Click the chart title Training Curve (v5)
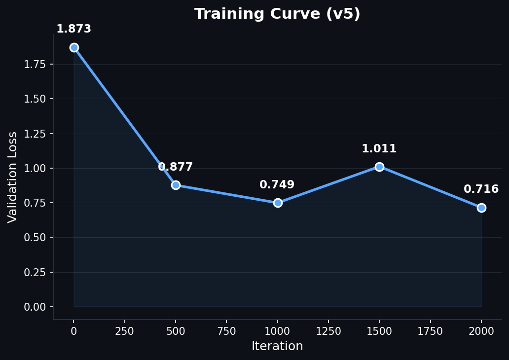click(277, 14)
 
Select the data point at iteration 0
click(74, 48)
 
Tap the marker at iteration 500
click(176, 185)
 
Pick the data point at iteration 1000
click(278, 203)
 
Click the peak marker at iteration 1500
click(379, 167)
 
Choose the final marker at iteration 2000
click(481, 208)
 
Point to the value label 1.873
click(74, 29)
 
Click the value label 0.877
click(176, 167)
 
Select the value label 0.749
click(277, 185)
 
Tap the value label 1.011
click(379, 149)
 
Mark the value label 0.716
click(481, 189)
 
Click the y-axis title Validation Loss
click(13, 177)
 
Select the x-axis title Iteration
click(277, 346)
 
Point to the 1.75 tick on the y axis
click(35, 65)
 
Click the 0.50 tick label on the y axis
click(35, 238)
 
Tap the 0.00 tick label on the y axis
click(35, 307)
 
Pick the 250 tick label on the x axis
click(125, 331)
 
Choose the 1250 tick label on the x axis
click(328, 331)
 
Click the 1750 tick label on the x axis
click(430, 331)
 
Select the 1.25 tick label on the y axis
click(35, 134)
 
